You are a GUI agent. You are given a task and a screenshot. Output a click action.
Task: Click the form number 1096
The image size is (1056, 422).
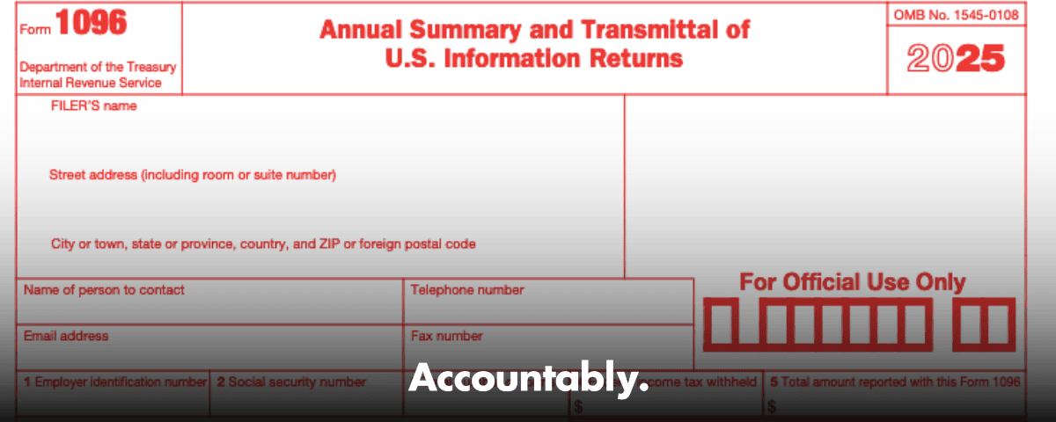tap(92, 24)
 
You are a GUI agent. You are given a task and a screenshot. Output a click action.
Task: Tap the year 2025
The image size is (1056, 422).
tap(956, 60)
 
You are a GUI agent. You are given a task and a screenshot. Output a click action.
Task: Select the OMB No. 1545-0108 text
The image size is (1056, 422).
tap(956, 14)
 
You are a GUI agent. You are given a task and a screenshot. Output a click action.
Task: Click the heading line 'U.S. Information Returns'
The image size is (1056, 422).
tap(534, 60)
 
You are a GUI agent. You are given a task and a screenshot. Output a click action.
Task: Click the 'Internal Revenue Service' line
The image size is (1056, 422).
tap(91, 83)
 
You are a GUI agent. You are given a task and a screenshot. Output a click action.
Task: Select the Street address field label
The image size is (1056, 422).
tap(193, 175)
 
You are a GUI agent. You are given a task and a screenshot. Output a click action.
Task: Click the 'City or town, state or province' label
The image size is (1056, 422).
tap(263, 244)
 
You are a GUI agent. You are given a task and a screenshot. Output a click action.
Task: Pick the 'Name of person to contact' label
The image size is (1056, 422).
tap(104, 289)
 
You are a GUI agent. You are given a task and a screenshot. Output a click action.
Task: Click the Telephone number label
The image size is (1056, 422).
tap(466, 289)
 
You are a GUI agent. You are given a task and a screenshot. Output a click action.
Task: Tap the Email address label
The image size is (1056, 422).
tap(66, 336)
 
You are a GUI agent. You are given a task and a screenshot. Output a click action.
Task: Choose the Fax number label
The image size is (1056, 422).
tap(446, 336)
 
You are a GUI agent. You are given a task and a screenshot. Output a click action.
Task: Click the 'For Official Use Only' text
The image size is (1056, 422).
tap(852, 282)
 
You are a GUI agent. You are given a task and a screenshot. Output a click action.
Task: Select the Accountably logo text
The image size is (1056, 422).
tap(528, 379)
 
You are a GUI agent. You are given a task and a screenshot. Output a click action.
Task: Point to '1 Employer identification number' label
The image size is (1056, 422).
tap(114, 382)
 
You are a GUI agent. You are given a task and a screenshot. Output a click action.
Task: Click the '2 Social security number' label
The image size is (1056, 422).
tap(291, 382)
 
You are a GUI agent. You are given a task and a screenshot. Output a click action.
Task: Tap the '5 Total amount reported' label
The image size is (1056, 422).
tap(895, 382)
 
